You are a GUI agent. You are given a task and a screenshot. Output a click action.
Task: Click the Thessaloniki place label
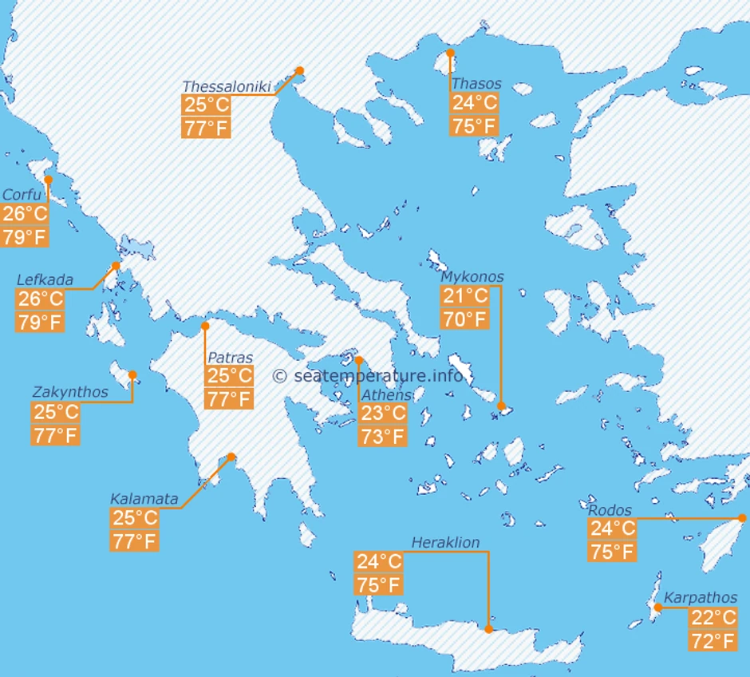227,86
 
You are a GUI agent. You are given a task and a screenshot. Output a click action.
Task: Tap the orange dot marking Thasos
450,53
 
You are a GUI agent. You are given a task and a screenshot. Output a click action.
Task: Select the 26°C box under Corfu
25,214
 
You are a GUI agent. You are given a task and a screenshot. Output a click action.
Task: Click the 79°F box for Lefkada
40,323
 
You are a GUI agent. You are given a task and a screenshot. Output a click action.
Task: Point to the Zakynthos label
70,392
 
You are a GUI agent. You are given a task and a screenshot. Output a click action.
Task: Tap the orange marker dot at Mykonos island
501,406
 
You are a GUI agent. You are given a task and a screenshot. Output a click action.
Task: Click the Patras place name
230,358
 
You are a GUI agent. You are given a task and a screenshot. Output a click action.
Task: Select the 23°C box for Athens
384,414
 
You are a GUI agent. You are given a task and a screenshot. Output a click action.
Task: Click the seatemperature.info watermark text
368,375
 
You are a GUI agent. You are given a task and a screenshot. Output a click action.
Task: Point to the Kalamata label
144,499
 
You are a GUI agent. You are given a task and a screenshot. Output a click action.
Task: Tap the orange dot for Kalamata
231,457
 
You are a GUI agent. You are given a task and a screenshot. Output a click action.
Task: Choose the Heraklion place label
445,543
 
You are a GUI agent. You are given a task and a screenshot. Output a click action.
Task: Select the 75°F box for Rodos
612,551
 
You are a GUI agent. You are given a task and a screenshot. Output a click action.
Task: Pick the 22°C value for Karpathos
713,618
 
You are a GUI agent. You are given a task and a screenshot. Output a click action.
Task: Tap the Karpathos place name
701,597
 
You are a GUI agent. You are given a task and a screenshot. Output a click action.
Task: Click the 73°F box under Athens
384,436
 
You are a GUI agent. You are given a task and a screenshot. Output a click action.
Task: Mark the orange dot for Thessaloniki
300,70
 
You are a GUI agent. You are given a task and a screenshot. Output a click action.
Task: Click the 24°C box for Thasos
474,103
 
